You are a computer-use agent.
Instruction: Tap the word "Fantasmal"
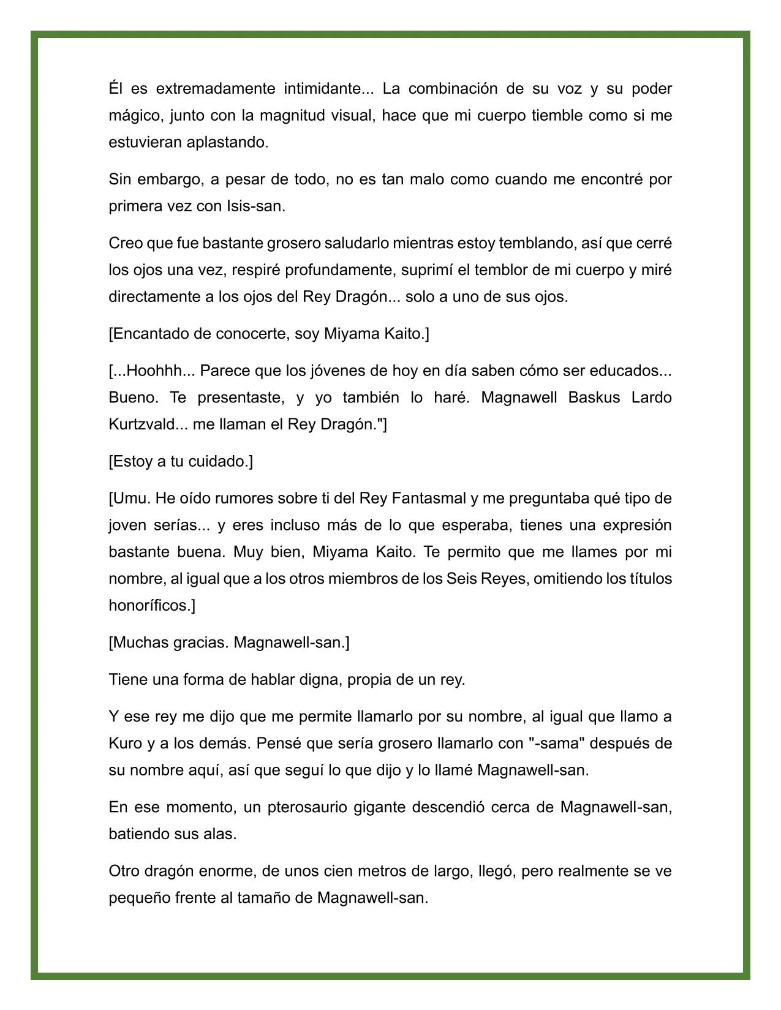(x=428, y=499)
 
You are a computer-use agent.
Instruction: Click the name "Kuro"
(x=126, y=744)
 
